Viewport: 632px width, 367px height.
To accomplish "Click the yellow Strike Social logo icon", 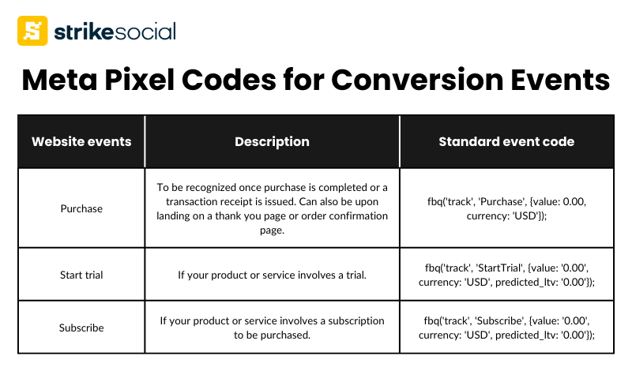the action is pyautogui.click(x=32, y=31).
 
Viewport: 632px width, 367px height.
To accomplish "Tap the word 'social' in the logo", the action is pyautogui.click(x=145, y=32).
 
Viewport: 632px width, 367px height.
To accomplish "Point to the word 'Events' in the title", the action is pyautogui.click(x=560, y=80).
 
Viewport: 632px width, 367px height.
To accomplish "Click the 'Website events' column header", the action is pyautogui.click(x=81, y=142).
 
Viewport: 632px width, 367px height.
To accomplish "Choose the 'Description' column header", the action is pyautogui.click(x=272, y=142).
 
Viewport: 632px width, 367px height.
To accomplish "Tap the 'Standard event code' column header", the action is pyautogui.click(x=506, y=142).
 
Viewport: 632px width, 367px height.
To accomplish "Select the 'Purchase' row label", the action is pyautogui.click(x=81, y=208).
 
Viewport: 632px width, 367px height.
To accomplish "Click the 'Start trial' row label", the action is pyautogui.click(x=81, y=275).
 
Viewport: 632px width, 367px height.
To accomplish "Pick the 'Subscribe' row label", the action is pyautogui.click(x=81, y=328).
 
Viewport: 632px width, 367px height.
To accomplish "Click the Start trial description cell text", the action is pyautogui.click(x=272, y=275).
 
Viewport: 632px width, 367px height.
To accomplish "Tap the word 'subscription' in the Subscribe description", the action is pyautogui.click(x=356, y=320).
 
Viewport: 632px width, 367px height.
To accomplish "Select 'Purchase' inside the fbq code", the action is pyautogui.click(x=502, y=201).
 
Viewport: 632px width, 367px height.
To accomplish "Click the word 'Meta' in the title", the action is pyautogui.click(x=60, y=80).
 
